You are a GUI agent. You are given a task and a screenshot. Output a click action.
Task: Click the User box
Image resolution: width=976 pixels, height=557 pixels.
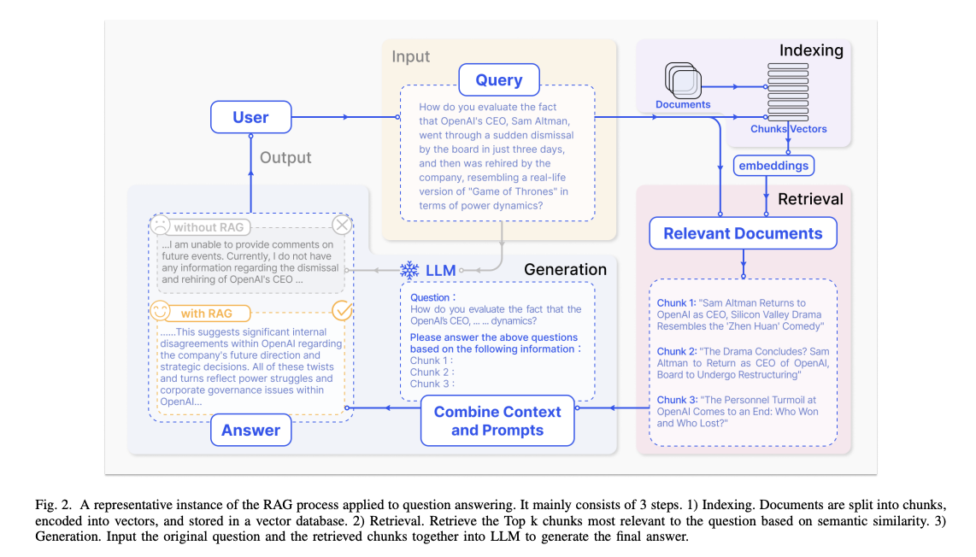(x=250, y=117)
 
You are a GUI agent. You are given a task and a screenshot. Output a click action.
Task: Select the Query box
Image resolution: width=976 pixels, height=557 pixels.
(x=498, y=79)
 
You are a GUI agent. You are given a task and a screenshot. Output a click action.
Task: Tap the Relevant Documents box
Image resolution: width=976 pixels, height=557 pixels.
(x=743, y=233)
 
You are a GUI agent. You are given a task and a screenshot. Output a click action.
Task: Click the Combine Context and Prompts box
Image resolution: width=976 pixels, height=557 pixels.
(x=497, y=420)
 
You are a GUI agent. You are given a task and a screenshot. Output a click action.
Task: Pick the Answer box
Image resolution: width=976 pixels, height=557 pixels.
(x=250, y=430)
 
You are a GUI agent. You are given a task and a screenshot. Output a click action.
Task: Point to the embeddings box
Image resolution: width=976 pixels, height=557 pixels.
(x=773, y=165)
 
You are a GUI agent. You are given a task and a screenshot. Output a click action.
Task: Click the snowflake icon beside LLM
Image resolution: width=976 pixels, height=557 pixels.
(x=409, y=270)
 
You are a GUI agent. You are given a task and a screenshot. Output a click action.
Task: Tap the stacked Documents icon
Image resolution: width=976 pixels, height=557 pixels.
(x=684, y=82)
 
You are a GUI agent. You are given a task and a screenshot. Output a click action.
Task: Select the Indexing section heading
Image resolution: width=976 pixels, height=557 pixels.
(x=810, y=50)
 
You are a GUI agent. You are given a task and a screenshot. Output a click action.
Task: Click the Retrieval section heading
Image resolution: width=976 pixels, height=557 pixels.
(x=809, y=199)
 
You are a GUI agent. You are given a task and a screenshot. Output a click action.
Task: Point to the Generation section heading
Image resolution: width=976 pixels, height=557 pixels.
(x=565, y=269)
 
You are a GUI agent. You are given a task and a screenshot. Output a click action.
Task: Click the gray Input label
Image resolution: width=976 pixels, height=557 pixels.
(x=411, y=56)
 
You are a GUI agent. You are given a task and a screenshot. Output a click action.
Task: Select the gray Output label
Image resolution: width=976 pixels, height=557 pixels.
(x=285, y=157)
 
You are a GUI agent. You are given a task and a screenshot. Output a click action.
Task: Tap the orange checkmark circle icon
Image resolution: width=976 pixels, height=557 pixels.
(x=342, y=311)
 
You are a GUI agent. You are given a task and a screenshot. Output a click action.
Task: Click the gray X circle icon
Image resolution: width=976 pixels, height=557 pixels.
(x=342, y=226)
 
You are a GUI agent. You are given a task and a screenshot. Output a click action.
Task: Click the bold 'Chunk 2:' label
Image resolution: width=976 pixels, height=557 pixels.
(x=676, y=351)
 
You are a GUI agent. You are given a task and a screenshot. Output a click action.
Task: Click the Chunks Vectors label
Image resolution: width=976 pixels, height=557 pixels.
(x=788, y=129)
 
